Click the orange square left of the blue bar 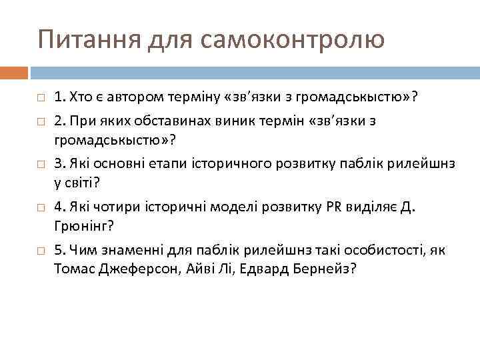coord(14,71)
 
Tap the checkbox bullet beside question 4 coord(41,208)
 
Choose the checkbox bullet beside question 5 coord(41,251)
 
